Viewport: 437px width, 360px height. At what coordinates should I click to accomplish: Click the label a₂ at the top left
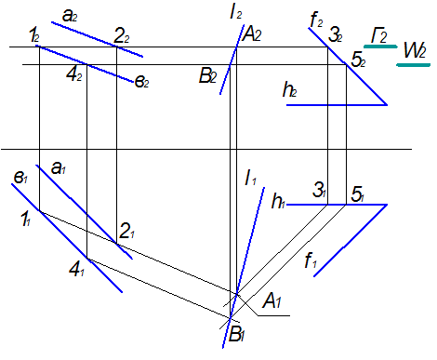[x=70, y=16]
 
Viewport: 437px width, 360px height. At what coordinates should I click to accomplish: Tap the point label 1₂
[x=34, y=35]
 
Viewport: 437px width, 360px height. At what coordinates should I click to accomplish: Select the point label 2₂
[x=122, y=37]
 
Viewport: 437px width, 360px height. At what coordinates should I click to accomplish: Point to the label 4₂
[x=74, y=74]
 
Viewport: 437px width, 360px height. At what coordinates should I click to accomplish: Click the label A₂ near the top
[x=252, y=34]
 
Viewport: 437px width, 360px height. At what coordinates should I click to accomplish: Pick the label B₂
[x=207, y=76]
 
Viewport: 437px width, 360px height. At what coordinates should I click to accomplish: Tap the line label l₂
[x=236, y=13]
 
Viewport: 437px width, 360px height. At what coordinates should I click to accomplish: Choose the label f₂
[x=316, y=20]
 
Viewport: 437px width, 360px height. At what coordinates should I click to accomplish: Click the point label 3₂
[x=336, y=35]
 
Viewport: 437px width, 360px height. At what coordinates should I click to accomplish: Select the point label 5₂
[x=358, y=60]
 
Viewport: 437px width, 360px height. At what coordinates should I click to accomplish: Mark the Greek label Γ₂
[x=379, y=35]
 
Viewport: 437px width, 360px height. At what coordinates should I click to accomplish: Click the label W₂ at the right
[x=415, y=50]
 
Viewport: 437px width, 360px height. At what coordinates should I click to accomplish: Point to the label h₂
[x=289, y=90]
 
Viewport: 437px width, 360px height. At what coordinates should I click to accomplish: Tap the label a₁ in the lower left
[x=59, y=168]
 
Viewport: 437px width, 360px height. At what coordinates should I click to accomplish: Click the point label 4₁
[x=76, y=270]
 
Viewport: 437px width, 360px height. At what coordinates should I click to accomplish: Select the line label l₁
[x=251, y=179]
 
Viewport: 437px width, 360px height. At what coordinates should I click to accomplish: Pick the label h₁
[x=278, y=201]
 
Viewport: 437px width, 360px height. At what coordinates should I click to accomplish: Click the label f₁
[x=311, y=260]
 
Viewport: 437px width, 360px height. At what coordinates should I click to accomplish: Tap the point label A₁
[x=271, y=300]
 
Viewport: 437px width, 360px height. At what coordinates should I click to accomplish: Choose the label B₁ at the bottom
[x=236, y=334]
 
